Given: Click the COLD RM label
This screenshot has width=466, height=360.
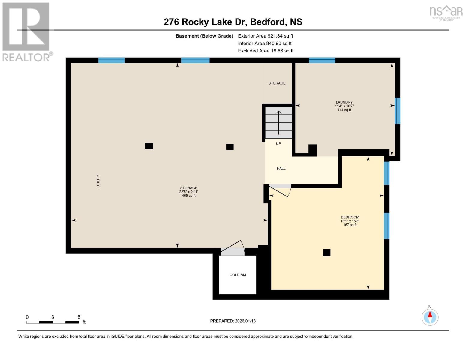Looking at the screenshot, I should [x=238, y=275].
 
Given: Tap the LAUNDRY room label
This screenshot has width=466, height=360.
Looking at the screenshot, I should [x=344, y=102].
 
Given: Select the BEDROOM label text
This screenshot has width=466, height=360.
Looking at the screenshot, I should [x=350, y=217].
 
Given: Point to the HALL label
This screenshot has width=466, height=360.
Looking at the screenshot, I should [x=281, y=169].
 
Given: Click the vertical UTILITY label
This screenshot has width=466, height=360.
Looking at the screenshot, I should [x=98, y=181].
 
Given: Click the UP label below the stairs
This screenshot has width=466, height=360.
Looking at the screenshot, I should [x=278, y=144].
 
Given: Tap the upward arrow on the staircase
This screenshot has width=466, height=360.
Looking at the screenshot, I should [x=279, y=122].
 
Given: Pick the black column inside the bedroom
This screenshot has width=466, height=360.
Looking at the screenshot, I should [x=327, y=253].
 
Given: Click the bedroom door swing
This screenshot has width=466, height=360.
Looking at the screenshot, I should [x=281, y=190].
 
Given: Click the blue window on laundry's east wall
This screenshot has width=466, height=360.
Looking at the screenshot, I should [x=397, y=111].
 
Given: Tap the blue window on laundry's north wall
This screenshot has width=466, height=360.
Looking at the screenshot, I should [x=322, y=60].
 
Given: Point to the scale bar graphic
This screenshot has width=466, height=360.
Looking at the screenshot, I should [x=53, y=322].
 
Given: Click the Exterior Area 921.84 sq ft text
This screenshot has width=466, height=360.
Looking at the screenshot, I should [x=265, y=36].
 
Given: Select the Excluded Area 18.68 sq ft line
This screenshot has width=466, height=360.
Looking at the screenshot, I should [x=266, y=51].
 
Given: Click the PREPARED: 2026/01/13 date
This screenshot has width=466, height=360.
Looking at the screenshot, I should [x=233, y=321].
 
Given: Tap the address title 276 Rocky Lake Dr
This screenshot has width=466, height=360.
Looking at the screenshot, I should [x=233, y=22].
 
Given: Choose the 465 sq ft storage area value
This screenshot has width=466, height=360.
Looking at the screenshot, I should [x=189, y=196].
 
